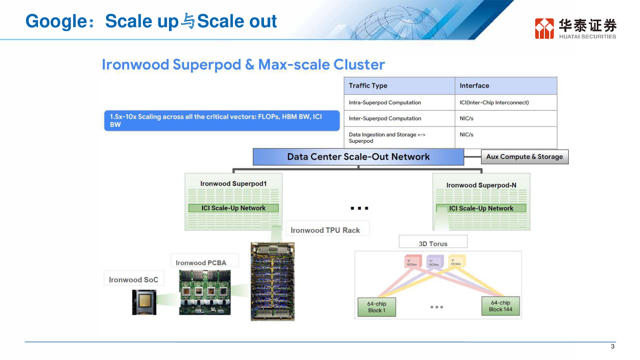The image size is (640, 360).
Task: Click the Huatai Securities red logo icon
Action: pyautogui.click(x=544, y=28)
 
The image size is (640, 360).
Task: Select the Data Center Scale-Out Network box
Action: pyautogui.click(x=358, y=157)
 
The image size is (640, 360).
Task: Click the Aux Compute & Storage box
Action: pyautogui.click(x=524, y=157)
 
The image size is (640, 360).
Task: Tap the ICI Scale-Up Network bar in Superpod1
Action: pyautogui.click(x=233, y=208)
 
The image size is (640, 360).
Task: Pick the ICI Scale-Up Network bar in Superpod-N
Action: pyautogui.click(x=481, y=208)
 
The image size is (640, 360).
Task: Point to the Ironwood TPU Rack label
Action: pyautogui.click(x=325, y=230)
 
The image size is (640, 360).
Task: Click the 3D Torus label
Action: pyautogui.click(x=433, y=244)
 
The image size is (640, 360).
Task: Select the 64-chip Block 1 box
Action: pyautogui.click(x=376, y=307)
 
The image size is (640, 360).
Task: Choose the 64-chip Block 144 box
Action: pyautogui.click(x=500, y=306)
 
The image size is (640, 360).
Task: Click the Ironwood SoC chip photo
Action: pyautogui.click(x=144, y=302)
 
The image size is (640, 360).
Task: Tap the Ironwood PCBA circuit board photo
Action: pyautogui.click(x=205, y=292)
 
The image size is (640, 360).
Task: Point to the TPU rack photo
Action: pyautogui.click(x=272, y=281)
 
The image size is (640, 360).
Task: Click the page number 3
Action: pyautogui.click(x=612, y=346)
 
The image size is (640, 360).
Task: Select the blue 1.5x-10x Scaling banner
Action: pyautogui.click(x=222, y=120)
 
